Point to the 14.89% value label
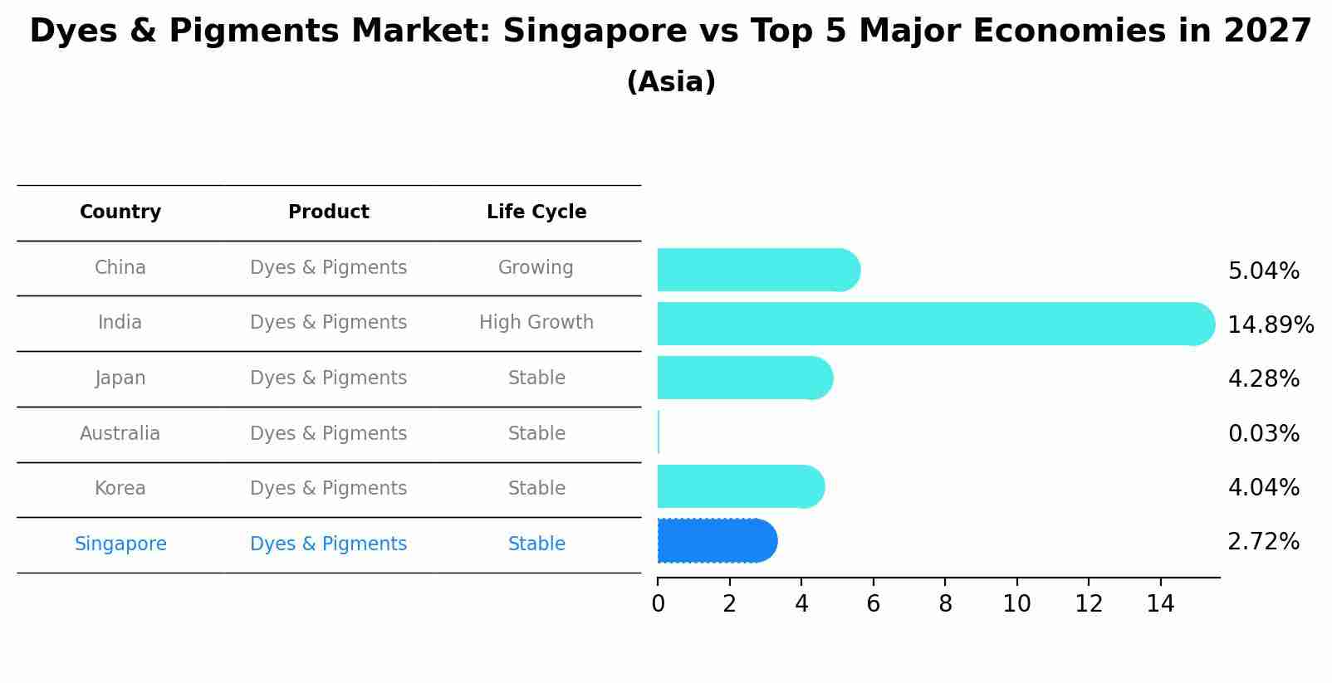click(x=1270, y=324)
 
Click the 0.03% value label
click(x=1263, y=433)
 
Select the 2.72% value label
click(x=1263, y=542)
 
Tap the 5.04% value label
click(x=1263, y=271)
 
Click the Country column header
click(x=120, y=212)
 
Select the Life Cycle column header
click(x=536, y=212)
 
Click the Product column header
click(x=329, y=212)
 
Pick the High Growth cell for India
click(x=536, y=322)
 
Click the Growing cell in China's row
click(x=536, y=267)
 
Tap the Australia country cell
click(x=120, y=433)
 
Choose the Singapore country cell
click(x=120, y=544)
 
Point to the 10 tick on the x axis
click(x=1016, y=604)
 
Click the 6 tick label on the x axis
click(x=873, y=604)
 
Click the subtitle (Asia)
click(x=671, y=82)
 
